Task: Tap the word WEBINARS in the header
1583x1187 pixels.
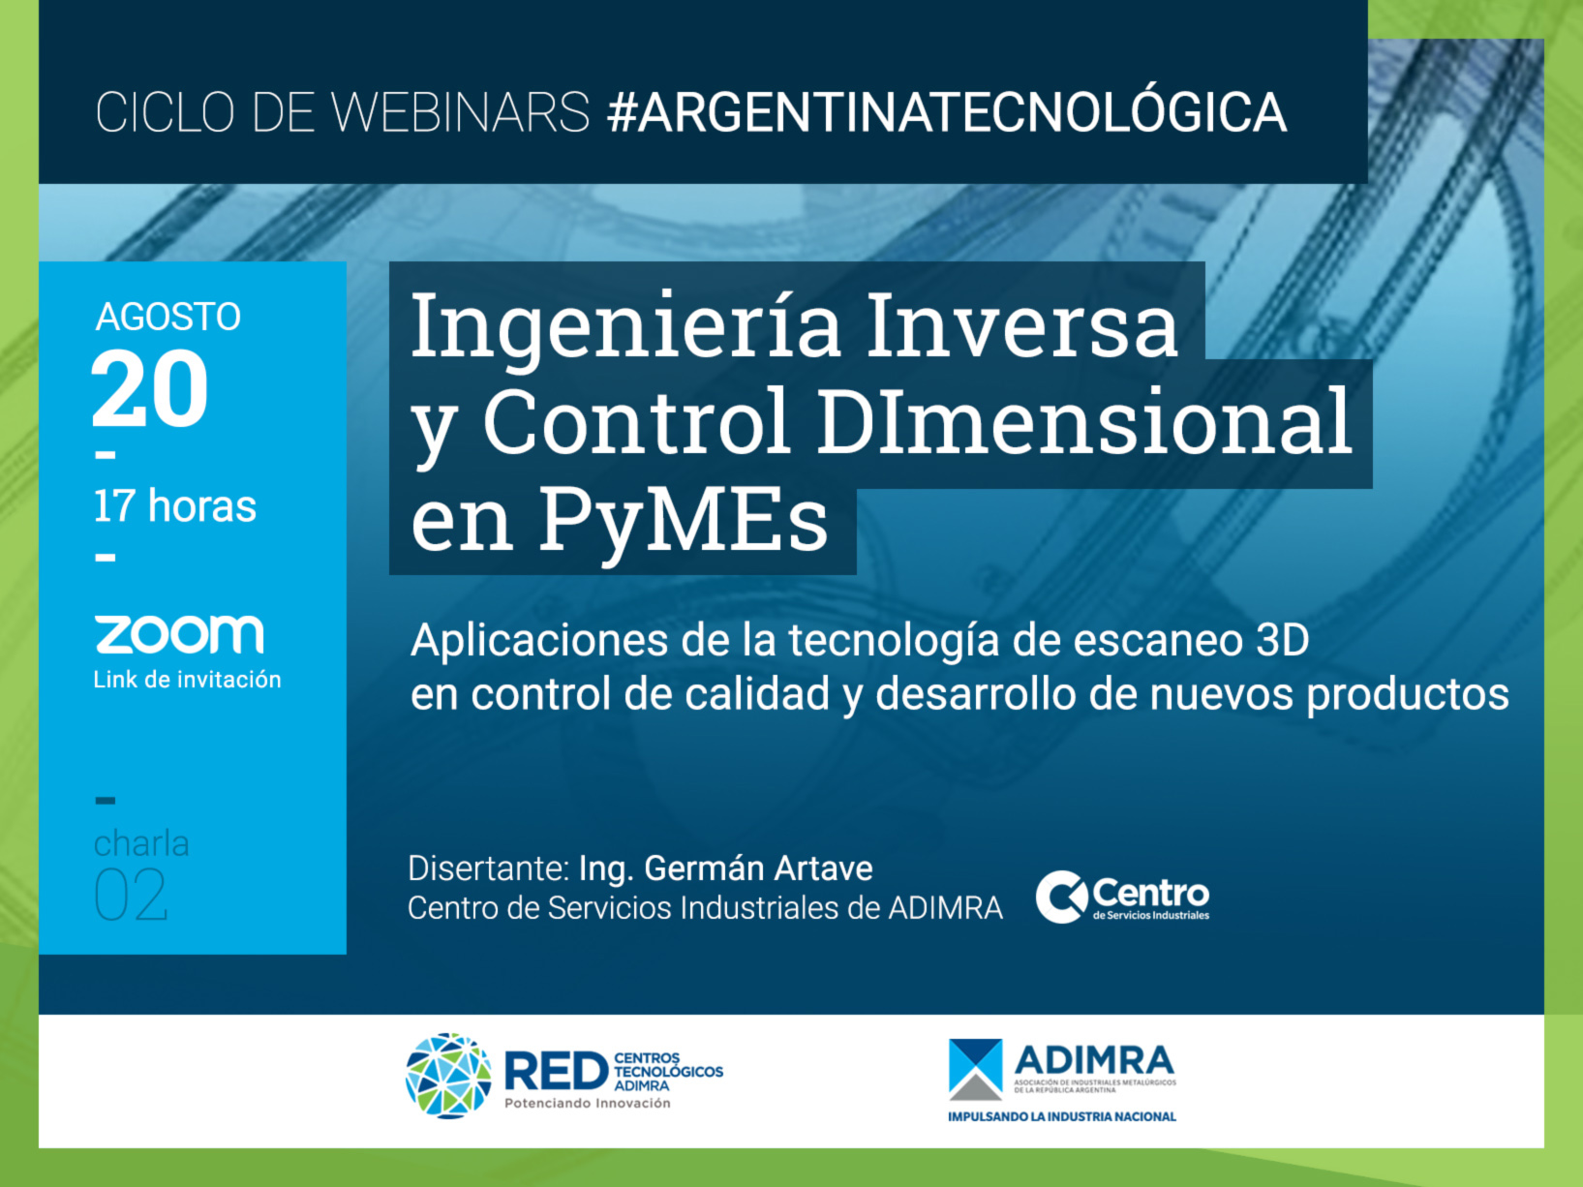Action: (x=459, y=112)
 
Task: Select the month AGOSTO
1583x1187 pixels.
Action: (x=168, y=318)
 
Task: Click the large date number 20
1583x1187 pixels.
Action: (x=150, y=389)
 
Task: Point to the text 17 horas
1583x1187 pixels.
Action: (x=174, y=505)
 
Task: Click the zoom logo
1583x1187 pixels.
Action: (x=179, y=634)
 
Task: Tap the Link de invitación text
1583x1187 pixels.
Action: (x=187, y=680)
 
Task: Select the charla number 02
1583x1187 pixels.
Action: (x=131, y=895)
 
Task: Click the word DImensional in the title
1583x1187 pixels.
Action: (x=1084, y=422)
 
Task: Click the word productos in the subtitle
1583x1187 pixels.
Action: (x=1408, y=695)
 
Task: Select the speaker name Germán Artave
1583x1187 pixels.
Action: (x=757, y=868)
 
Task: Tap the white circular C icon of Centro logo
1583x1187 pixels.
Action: (x=1061, y=897)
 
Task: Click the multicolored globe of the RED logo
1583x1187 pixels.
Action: (x=448, y=1076)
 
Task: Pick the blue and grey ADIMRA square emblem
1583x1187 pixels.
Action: (x=976, y=1070)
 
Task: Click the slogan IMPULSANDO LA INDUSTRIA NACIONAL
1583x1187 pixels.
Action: (x=1061, y=1117)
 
